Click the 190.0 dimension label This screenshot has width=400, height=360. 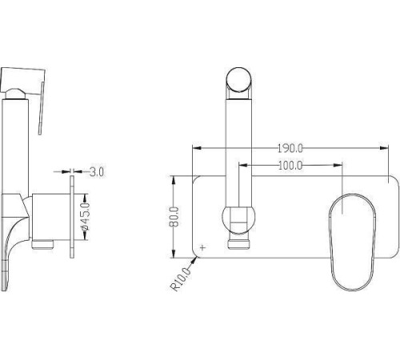[x=290, y=148]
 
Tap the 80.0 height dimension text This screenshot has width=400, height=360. [x=174, y=217]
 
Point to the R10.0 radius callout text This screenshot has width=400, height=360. [x=181, y=279]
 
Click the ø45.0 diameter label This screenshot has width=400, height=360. [x=86, y=217]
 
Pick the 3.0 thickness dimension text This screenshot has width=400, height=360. [x=97, y=172]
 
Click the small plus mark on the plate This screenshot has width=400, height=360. [x=203, y=247]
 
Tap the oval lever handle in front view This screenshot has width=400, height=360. [x=352, y=242]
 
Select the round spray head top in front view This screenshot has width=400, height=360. [x=238, y=79]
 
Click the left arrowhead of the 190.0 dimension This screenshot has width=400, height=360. [x=197, y=148]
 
